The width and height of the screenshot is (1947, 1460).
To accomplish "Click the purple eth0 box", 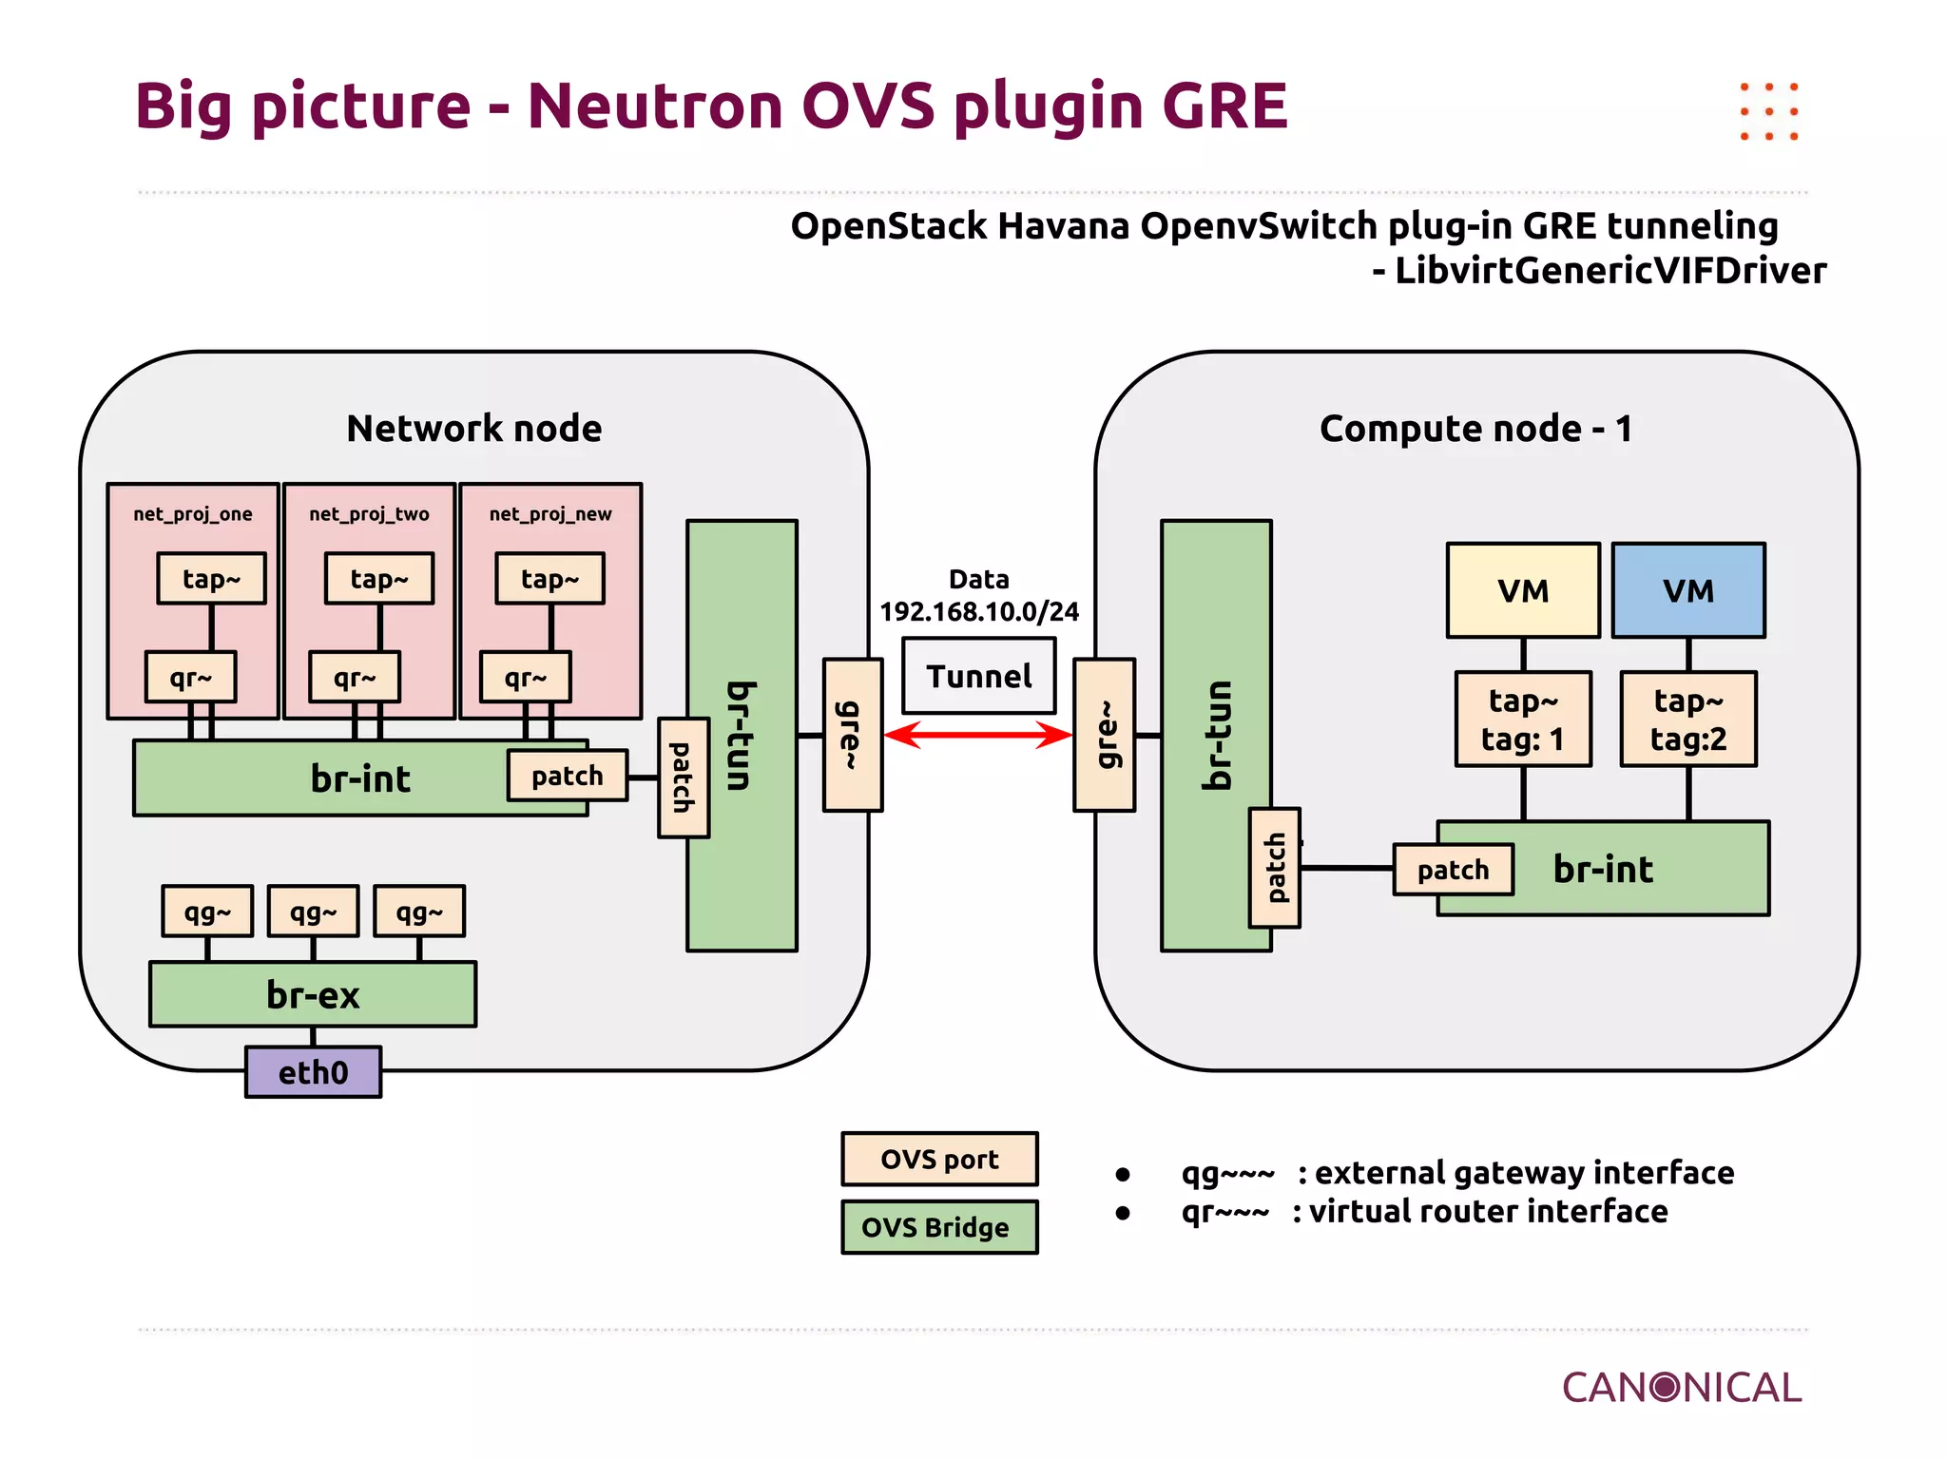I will [313, 1072].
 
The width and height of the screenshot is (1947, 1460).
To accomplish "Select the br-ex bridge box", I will [313, 994].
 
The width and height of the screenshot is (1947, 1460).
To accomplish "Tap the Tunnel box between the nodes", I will [978, 676].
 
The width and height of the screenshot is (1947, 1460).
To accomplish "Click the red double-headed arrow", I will [978, 735].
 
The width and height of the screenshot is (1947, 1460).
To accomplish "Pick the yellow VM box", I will [1522, 590].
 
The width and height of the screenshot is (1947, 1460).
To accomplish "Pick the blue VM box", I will [1687, 590].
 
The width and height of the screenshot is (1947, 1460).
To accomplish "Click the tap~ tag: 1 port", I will [1522, 720].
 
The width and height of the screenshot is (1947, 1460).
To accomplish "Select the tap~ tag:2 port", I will [1687, 720].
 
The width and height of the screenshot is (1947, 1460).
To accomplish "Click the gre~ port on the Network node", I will [852, 735].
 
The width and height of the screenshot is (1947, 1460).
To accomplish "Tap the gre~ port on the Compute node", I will [1104, 735].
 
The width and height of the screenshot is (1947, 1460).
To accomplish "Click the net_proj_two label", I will [369, 514].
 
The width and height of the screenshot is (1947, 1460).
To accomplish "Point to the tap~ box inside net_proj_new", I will [549, 579].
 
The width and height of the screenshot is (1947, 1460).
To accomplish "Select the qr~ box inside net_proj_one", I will [190, 677].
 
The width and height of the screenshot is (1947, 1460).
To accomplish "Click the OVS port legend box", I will [939, 1159].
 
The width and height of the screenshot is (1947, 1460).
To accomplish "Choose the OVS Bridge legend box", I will [939, 1227].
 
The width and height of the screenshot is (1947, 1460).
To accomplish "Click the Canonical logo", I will [1681, 1388].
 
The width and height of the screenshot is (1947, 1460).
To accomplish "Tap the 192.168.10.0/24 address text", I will [978, 611].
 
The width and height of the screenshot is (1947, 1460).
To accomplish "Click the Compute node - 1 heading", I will [1475, 429].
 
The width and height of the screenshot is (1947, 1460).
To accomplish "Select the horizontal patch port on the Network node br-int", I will [567, 776].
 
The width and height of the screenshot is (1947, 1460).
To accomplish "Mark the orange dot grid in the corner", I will [1768, 111].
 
